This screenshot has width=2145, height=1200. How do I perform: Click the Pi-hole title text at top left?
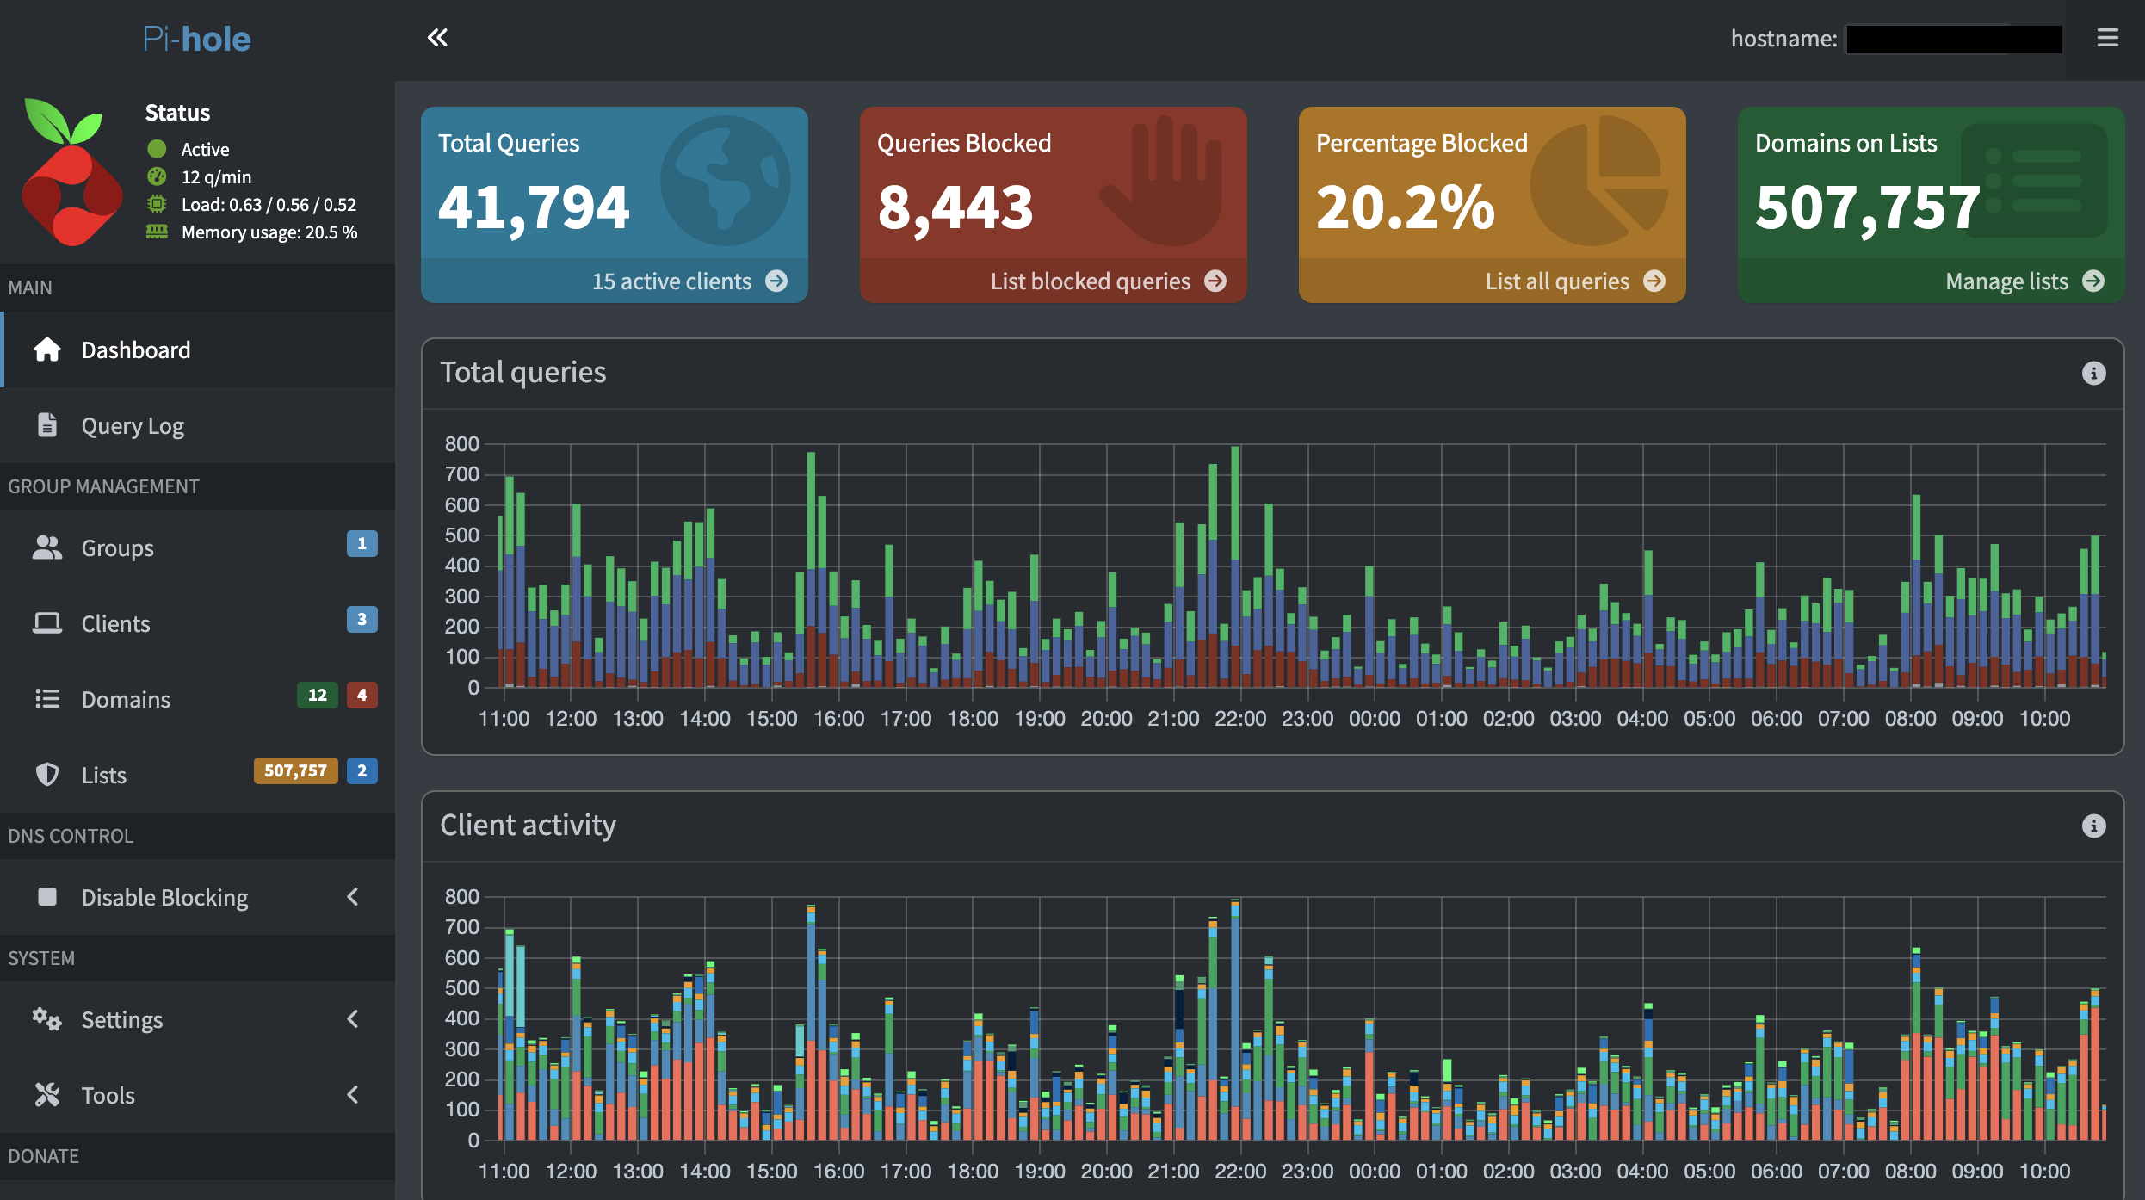click(196, 39)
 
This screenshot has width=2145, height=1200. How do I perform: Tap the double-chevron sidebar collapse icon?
click(437, 38)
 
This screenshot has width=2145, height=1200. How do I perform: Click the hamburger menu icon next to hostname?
click(2107, 38)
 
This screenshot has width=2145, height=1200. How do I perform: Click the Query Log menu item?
click(133, 426)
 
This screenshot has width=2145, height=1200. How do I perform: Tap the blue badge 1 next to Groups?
click(362, 544)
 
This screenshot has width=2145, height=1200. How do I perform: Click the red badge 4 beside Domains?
click(362, 696)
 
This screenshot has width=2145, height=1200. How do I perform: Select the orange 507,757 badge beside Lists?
click(295, 771)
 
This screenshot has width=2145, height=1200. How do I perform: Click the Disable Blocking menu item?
click(164, 898)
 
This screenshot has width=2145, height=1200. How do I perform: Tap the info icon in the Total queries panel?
click(2093, 374)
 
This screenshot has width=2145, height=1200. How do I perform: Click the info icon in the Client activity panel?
click(2093, 826)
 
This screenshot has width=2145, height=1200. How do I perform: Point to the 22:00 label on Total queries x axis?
click(1240, 719)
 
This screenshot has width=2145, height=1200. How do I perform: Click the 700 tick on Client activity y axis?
click(461, 927)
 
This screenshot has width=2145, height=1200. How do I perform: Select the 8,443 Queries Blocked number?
click(955, 207)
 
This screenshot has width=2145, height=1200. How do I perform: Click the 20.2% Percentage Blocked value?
click(1405, 207)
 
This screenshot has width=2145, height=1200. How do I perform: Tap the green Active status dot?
click(157, 149)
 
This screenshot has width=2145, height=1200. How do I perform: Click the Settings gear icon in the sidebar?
click(46, 1020)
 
